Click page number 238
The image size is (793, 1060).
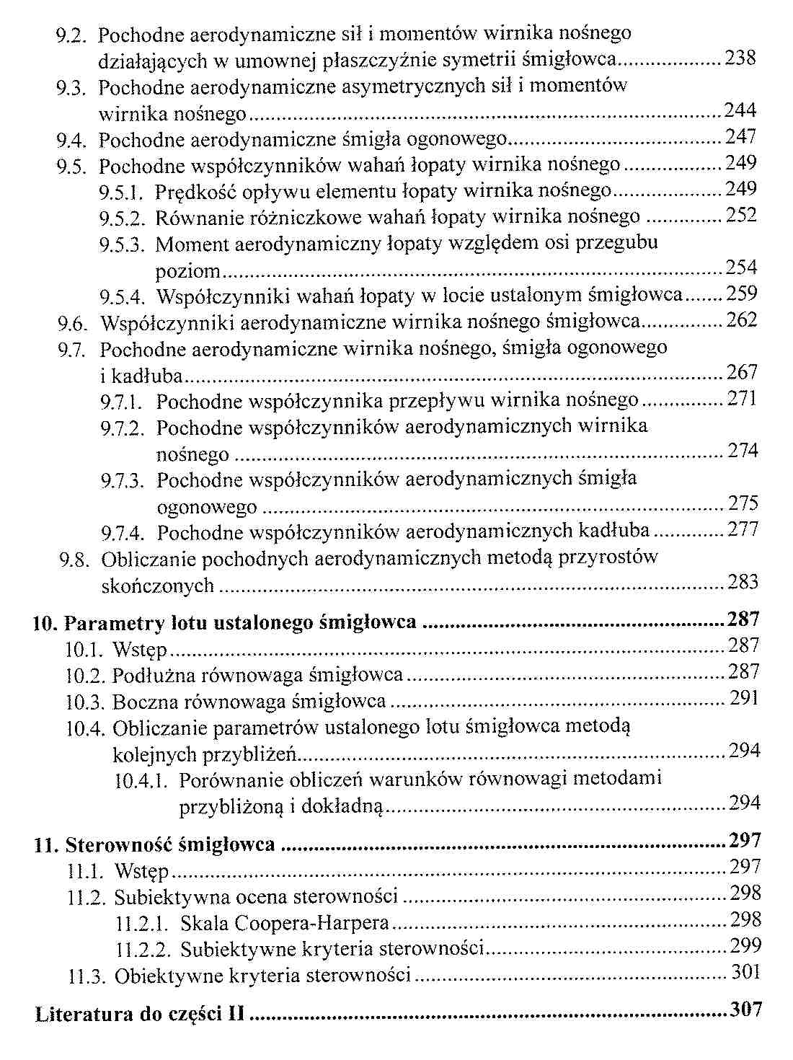coord(740,58)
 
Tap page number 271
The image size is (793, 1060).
coord(742,399)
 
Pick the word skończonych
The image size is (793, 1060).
coord(158,586)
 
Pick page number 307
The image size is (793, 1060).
coord(745,1010)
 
